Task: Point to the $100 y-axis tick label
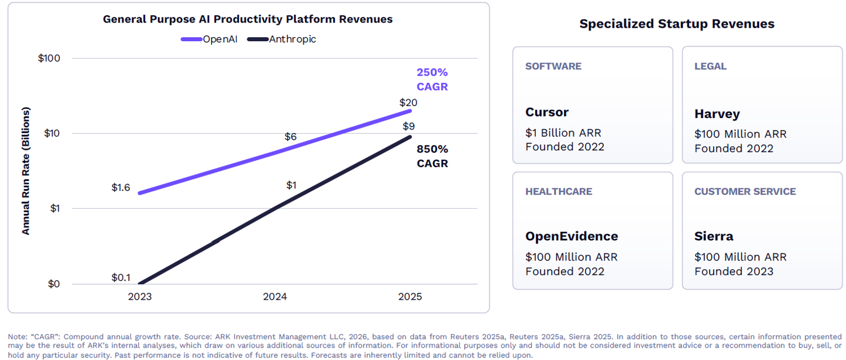[49, 58]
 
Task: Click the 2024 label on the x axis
[275, 297]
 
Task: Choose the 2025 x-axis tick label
[410, 297]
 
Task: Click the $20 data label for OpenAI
[408, 103]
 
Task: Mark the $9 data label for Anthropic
[409, 126]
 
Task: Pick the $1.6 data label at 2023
[121, 187]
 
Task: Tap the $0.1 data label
[121, 277]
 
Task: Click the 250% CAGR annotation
[432, 80]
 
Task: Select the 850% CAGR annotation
[432, 156]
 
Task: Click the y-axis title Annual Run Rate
[26, 170]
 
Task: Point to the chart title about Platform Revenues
[248, 19]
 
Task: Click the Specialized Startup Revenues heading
[677, 24]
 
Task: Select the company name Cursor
[547, 112]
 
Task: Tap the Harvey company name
[717, 114]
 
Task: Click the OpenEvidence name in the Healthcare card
[571, 236]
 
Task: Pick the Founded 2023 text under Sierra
[734, 271]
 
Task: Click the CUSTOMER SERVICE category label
[745, 192]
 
